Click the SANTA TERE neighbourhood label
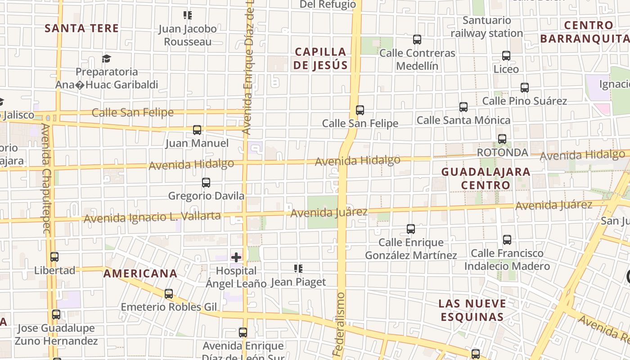pos(81,28)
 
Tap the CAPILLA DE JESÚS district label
pos(320,58)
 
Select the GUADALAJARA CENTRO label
pos(486,178)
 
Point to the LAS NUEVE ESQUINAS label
pos(472,310)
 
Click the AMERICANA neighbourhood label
pos(140,274)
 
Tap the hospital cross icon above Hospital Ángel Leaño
pos(236,257)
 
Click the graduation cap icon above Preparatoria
pos(106,59)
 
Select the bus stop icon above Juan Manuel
pos(197,130)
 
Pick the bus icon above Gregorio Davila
pos(206,183)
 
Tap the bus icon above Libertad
pos(54,257)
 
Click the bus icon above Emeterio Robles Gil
pos(169,294)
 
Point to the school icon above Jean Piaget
pos(298,269)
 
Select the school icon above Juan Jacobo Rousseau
pos(188,15)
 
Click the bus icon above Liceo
pos(506,56)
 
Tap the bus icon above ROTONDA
pos(502,139)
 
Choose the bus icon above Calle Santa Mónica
pos(463,107)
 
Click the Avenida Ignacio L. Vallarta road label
pos(152,217)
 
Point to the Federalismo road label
pos(340,324)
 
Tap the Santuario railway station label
pos(487,27)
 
